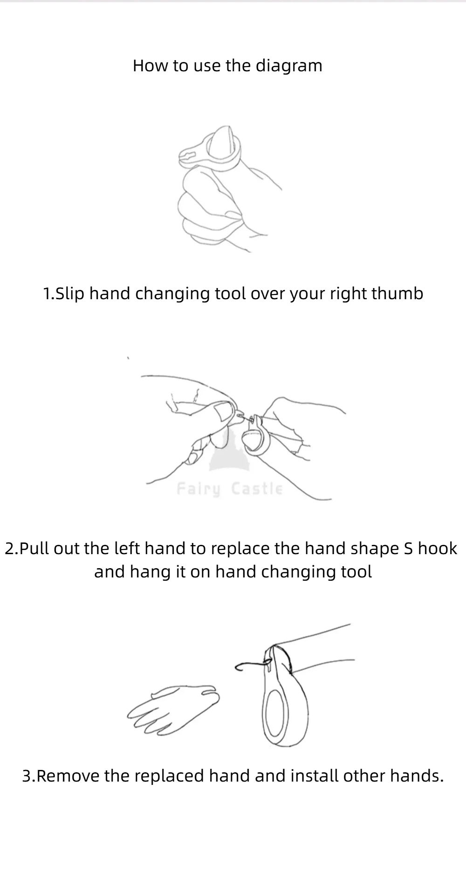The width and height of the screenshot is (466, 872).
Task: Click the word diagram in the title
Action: click(x=289, y=66)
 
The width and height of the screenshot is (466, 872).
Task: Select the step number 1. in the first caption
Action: click(x=49, y=294)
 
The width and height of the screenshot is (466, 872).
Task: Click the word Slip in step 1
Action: click(x=70, y=294)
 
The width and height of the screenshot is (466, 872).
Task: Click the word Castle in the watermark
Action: click(x=257, y=488)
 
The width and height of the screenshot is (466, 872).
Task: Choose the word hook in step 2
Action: click(x=438, y=548)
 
